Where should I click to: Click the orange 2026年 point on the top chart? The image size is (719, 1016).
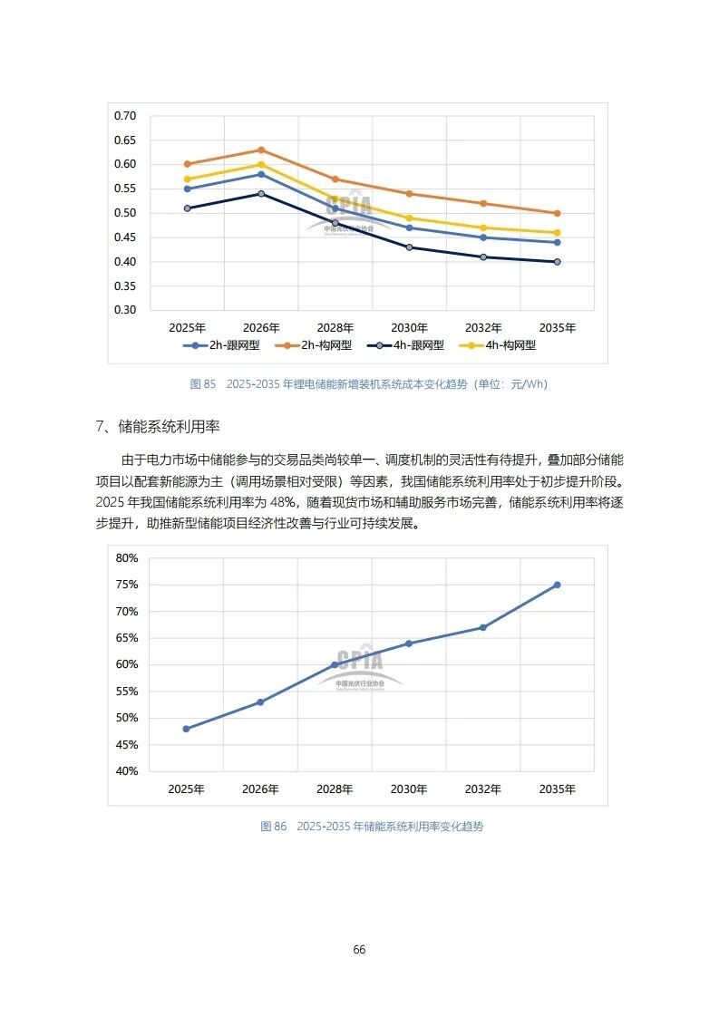pos(261,150)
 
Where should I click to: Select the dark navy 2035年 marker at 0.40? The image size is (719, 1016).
pos(557,262)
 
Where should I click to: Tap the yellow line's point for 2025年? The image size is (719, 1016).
pos(187,179)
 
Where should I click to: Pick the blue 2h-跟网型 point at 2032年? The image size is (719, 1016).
pos(483,237)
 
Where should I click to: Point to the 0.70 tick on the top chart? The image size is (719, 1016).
pos(125,116)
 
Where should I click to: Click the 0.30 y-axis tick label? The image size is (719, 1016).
pos(125,310)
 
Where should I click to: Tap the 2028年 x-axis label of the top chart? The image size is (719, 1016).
pos(335,327)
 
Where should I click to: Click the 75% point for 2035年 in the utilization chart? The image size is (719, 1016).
pos(557,585)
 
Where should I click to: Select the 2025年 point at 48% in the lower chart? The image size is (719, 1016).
pos(187,729)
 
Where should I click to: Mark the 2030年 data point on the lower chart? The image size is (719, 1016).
pos(409,643)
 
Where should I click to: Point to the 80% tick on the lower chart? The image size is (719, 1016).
pos(127,558)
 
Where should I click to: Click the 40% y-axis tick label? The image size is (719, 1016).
pos(127,771)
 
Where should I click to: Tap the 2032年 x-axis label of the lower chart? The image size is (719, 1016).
pos(483,789)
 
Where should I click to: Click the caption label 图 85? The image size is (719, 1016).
pos(203,384)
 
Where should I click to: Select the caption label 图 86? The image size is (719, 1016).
pos(273,827)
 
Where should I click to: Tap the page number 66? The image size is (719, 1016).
pos(359,950)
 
